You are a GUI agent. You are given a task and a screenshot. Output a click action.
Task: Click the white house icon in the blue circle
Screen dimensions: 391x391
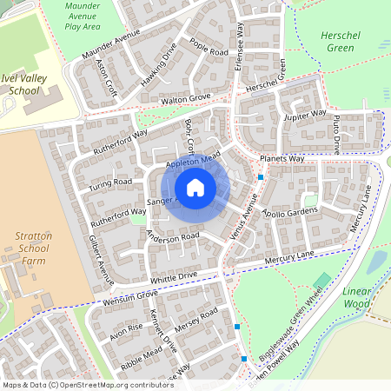195,188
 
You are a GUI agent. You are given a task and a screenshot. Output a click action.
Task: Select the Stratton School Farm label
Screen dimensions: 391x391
34,248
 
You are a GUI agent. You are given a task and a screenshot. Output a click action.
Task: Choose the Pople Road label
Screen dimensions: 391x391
208,48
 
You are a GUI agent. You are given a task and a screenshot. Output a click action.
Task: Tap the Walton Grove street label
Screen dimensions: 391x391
186,100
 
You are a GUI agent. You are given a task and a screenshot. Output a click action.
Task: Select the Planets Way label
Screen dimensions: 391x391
282,159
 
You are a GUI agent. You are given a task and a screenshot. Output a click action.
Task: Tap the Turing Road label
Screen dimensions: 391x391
110,182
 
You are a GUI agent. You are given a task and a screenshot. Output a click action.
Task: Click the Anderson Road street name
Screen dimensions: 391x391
174,236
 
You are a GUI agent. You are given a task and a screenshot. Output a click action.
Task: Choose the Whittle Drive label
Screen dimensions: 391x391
174,276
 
